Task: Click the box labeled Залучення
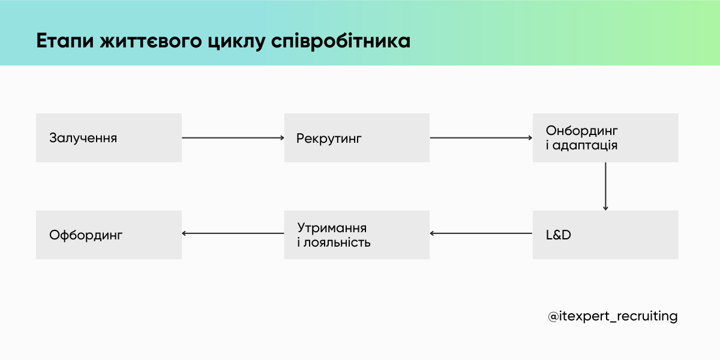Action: click(109, 137)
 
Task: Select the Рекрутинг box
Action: click(356, 137)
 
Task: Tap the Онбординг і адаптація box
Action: click(605, 137)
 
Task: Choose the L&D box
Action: click(605, 235)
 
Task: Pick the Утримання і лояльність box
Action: click(356, 235)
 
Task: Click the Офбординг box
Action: click(109, 235)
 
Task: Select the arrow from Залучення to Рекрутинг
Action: click(233, 138)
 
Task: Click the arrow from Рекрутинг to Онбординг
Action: click(481, 138)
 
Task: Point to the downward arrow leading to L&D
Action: click(605, 186)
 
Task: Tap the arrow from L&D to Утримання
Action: click(481, 234)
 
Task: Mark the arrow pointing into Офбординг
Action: click(233, 234)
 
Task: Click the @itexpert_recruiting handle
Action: click(613, 316)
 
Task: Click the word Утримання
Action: click(332, 228)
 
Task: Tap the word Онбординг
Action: click(581, 131)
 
